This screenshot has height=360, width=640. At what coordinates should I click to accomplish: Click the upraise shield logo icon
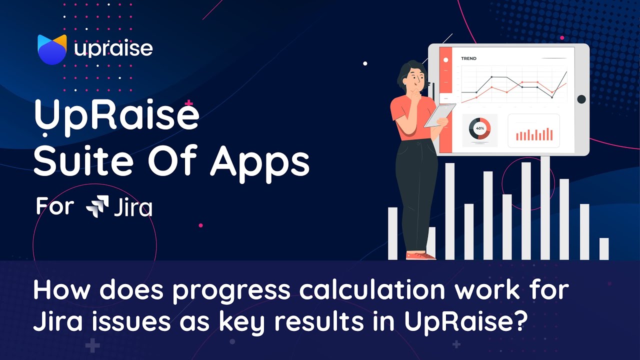point(52,49)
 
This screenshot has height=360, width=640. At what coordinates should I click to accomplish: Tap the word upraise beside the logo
point(113,49)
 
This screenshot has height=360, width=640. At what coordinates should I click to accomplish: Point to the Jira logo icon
point(97,206)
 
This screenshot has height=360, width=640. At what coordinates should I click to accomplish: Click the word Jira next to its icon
point(133,207)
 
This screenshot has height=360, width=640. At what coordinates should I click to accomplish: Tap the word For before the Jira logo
point(54,206)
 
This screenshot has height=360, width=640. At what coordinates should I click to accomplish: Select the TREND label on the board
point(468,58)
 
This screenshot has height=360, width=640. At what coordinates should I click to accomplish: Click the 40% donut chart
point(480,129)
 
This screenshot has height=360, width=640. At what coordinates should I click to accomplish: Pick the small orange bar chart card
point(534,131)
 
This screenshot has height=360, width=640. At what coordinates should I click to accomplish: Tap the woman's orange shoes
point(419,255)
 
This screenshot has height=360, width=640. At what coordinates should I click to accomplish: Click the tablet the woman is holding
point(440,115)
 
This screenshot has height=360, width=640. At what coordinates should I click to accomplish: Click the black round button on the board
point(581,99)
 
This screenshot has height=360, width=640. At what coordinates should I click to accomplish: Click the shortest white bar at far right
point(604,248)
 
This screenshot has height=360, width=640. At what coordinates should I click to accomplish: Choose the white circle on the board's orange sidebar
point(445,60)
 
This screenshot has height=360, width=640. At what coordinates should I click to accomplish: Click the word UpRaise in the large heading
point(116,116)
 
